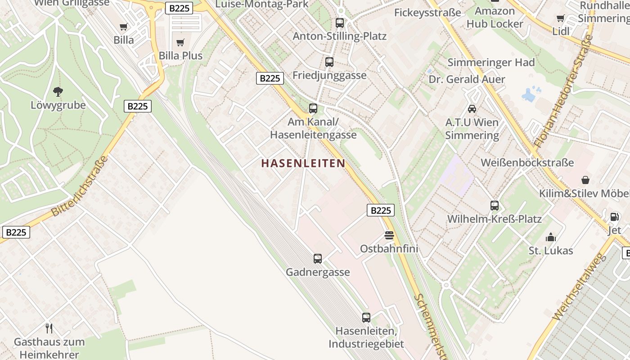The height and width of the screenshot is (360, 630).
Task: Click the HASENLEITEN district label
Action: click(303, 163)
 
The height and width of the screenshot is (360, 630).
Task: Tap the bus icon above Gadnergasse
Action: click(318, 259)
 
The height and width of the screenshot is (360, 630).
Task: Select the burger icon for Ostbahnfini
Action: click(389, 235)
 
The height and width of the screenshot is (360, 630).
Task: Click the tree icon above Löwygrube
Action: click(58, 92)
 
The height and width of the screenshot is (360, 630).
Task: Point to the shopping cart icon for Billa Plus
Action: click(180, 43)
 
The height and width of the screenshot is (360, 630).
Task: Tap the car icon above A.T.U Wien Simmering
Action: click(472, 109)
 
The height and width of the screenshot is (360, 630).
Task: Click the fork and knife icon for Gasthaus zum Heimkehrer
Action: click(49, 328)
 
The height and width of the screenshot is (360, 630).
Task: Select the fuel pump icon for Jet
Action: click(614, 217)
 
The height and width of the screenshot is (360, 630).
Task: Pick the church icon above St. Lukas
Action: click(550, 237)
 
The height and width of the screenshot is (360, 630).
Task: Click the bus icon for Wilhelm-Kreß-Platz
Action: click(495, 206)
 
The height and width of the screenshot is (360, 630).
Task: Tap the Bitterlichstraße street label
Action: click(80, 186)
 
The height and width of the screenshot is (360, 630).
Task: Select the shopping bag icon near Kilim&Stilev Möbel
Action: click(585, 180)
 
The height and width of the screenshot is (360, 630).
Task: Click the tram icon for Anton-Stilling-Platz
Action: click(340, 23)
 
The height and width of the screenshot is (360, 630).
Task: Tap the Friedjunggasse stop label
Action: click(329, 75)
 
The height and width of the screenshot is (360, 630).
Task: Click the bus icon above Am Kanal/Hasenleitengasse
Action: click(313, 108)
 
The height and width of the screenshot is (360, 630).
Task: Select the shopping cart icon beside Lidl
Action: click(560, 18)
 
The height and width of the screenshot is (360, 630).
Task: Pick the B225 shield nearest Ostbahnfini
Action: click(380, 210)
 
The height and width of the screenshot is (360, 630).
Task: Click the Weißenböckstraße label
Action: click(527, 162)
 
